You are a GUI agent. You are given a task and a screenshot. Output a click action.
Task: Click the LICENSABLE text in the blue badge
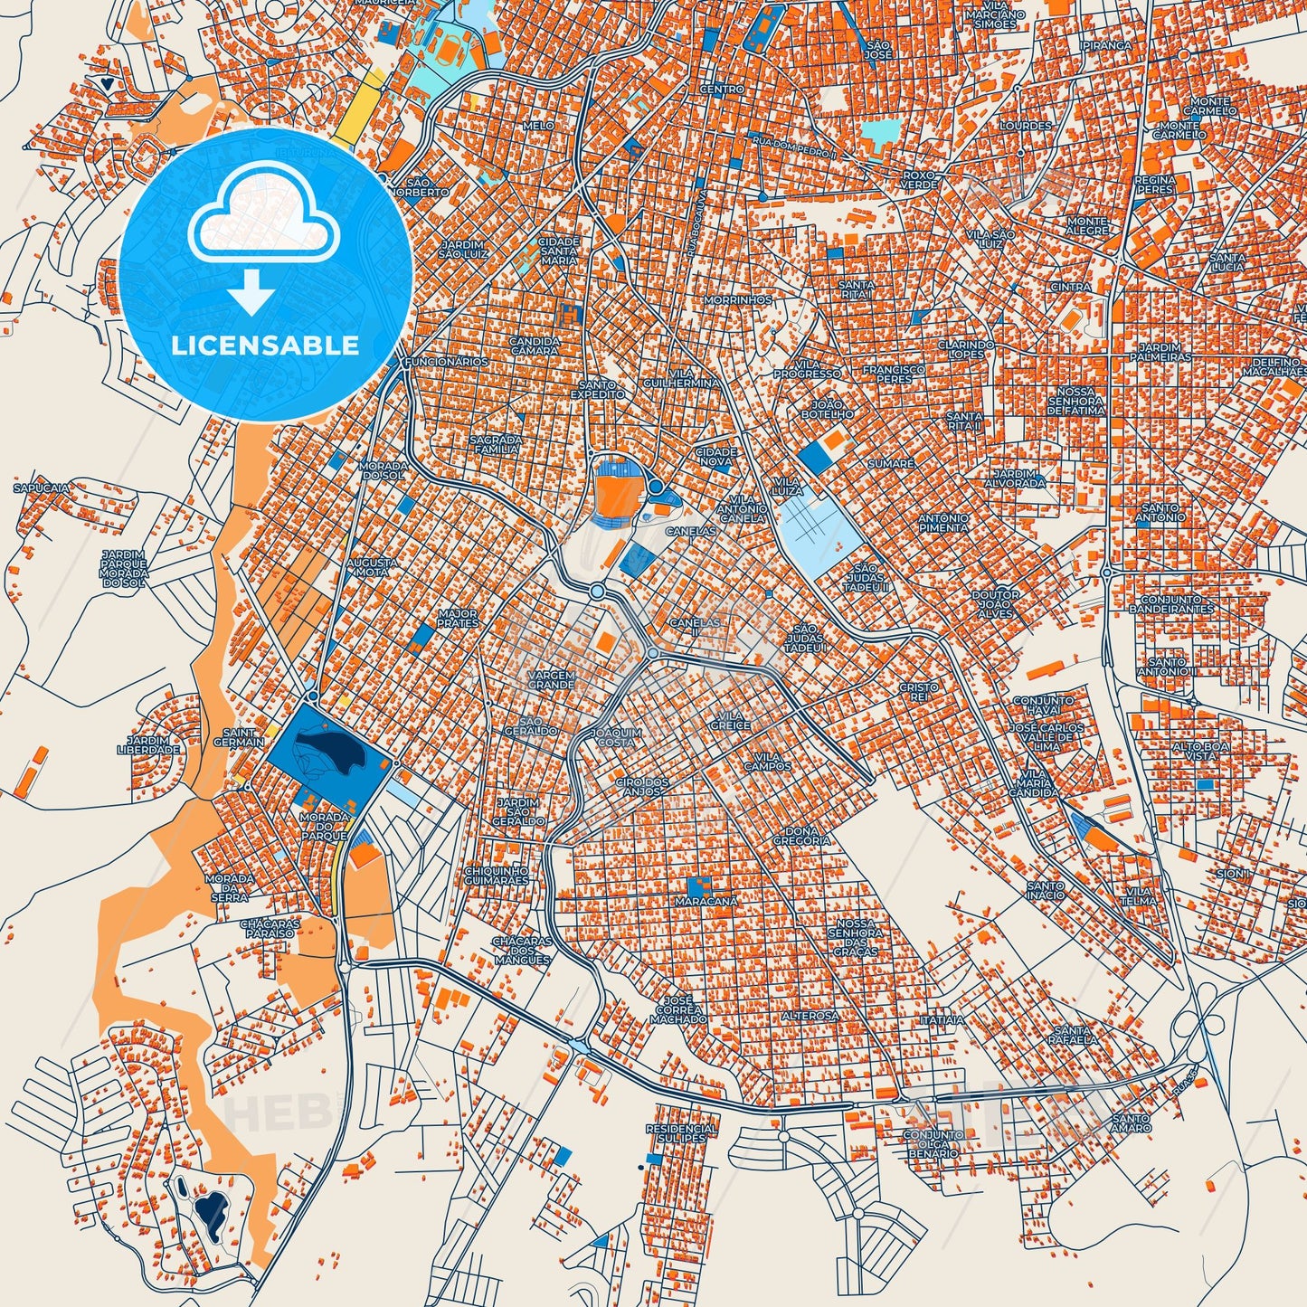coord(266,346)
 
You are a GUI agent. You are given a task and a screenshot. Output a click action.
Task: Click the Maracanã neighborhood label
coord(706,902)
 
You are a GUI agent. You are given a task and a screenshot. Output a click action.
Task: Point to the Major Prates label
coord(458,619)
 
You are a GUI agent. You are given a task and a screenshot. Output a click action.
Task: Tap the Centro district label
coord(722,90)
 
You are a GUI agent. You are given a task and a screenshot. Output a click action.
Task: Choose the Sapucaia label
coord(41,488)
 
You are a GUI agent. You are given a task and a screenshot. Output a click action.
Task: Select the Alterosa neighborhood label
coord(810,1016)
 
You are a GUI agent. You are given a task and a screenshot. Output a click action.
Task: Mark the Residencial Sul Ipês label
coord(681,1133)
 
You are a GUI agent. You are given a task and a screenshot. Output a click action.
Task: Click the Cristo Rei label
coord(918,692)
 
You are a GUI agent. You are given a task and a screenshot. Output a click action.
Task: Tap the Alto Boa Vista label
coord(1200,751)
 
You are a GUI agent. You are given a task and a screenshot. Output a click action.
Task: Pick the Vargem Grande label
coord(551,680)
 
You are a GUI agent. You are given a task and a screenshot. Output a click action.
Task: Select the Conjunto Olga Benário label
coord(933,1144)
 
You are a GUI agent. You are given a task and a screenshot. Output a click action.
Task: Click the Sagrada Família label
coord(495,444)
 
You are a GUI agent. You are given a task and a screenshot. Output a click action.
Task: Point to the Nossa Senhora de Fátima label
coord(1075,401)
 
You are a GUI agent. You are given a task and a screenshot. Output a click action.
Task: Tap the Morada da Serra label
coord(230,887)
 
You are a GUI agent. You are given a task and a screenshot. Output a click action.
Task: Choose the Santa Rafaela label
coord(1075,1035)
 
